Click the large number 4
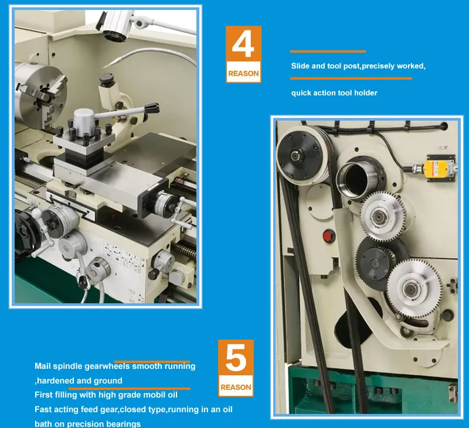(x=243, y=46)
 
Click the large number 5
(x=236, y=359)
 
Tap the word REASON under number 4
(x=243, y=74)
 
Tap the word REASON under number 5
(x=236, y=387)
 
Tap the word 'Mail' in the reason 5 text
(x=43, y=367)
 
